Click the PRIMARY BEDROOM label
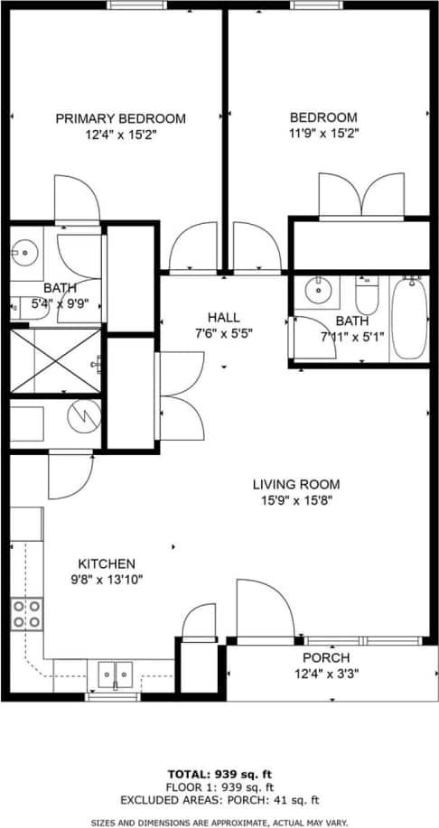click(120, 118)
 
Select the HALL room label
click(223, 317)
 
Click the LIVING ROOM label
click(295, 485)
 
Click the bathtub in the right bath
click(410, 320)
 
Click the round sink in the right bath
click(317, 291)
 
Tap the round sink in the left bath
click(23, 251)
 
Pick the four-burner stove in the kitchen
click(26, 614)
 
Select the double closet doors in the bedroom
click(361, 195)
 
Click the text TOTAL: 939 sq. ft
click(219, 774)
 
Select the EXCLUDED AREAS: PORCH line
click(219, 800)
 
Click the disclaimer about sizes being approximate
click(219, 822)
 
